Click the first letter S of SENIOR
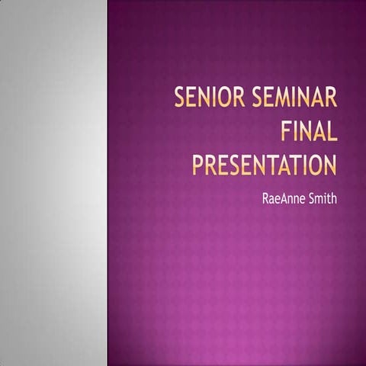[181, 99]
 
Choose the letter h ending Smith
[334, 200]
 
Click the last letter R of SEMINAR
[331, 99]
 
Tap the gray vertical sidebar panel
[53, 183]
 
